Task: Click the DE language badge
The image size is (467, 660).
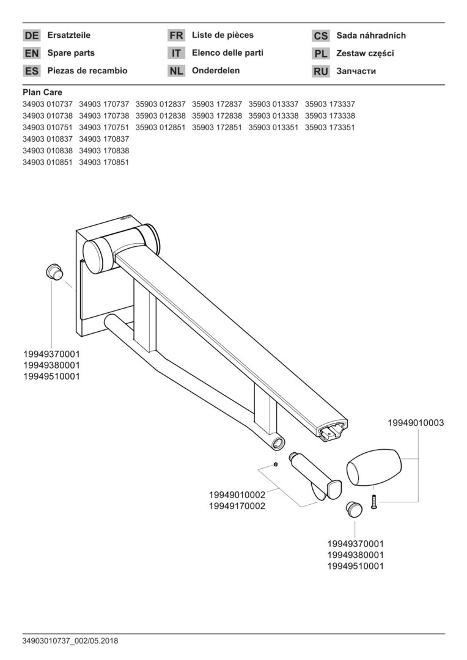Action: pos(32,35)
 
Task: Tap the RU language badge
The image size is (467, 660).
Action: pos(320,71)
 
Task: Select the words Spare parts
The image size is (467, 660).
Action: pos(71,53)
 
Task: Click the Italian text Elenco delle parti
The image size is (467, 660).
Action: pos(227,53)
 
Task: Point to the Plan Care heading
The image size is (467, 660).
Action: pos(43,93)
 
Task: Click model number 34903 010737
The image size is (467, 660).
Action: pos(48,104)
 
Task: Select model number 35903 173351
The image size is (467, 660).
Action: pos(329,127)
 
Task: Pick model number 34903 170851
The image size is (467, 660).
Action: pos(104,162)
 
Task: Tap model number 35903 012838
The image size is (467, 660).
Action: pos(160,116)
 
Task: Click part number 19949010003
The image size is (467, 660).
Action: pos(416,423)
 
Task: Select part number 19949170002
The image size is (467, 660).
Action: pos(237,506)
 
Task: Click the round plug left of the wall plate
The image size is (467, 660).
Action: pos(54,271)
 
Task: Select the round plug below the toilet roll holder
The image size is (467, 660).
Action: pos(354,509)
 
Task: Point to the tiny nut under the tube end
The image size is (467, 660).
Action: pos(275,464)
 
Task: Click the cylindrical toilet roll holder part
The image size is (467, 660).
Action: pos(315,476)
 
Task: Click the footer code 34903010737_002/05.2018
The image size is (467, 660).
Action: pos(70,641)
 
